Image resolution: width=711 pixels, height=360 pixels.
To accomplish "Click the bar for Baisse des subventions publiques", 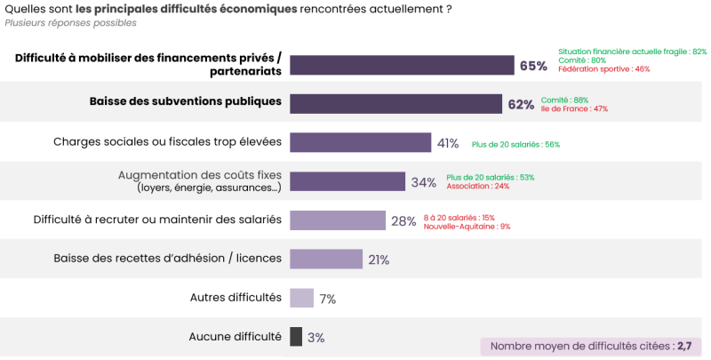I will (x=396, y=104).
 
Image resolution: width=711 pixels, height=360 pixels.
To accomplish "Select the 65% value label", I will (x=533, y=66).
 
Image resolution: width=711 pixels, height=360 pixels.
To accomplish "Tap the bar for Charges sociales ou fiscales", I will (x=361, y=142).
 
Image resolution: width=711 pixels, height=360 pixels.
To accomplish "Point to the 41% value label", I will (x=447, y=143).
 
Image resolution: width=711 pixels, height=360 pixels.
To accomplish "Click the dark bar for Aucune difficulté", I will (x=296, y=337).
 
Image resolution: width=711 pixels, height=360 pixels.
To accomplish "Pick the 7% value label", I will (x=327, y=300).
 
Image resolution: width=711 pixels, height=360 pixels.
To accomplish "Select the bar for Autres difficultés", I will (x=302, y=298).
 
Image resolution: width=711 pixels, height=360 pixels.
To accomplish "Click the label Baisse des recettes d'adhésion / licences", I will (x=167, y=259).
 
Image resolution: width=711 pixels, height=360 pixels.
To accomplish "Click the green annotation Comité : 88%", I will (x=565, y=100).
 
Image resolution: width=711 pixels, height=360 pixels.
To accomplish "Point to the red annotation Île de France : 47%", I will (x=574, y=108).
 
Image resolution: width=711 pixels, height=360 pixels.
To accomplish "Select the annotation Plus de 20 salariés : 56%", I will (x=515, y=144).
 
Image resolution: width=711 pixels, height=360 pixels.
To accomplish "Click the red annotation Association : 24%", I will (x=477, y=186).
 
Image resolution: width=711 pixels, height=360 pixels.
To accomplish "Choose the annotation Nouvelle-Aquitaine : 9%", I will (x=467, y=226).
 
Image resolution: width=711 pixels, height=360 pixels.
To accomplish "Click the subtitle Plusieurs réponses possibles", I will (x=59, y=23).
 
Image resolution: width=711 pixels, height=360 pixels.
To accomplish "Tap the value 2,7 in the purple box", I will (x=683, y=346).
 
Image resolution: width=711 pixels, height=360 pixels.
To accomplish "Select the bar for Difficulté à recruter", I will (x=338, y=220).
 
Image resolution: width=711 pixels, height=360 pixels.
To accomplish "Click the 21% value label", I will (x=379, y=260).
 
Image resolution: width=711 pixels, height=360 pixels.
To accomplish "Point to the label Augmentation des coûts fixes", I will (x=199, y=175).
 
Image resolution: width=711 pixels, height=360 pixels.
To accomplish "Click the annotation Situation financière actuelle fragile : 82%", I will (x=632, y=52).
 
